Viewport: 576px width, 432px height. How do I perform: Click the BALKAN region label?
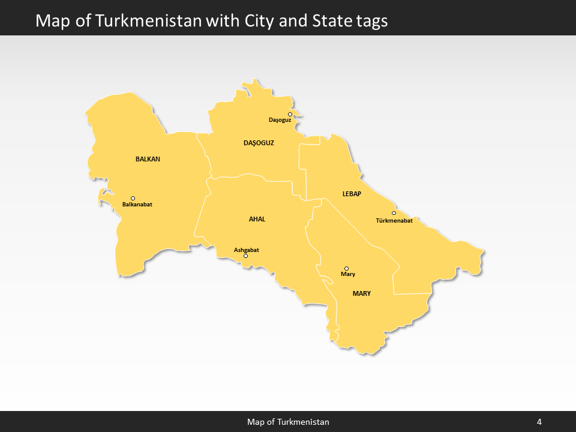(x=148, y=159)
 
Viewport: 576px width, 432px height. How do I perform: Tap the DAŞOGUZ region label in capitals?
(x=259, y=143)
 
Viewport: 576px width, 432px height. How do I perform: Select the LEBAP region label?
(x=351, y=194)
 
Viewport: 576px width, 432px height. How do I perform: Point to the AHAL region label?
(x=257, y=219)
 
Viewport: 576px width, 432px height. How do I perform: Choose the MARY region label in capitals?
(x=362, y=293)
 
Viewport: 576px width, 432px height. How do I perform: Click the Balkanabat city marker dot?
(x=133, y=199)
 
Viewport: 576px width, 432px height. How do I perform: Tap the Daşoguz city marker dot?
(x=290, y=114)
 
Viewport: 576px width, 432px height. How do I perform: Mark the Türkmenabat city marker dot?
(x=394, y=213)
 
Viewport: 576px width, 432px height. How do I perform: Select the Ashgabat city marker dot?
(x=245, y=256)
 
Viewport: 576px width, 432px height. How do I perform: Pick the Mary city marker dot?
(x=346, y=268)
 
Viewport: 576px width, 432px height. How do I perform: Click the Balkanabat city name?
(x=137, y=205)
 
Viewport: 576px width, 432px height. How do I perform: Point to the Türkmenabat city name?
(x=394, y=221)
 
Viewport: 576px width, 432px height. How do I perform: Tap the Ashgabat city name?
(x=247, y=250)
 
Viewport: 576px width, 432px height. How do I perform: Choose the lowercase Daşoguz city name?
(x=280, y=121)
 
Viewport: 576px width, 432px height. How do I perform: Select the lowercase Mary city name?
(x=348, y=274)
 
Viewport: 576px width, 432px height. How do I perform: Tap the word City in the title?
(x=260, y=20)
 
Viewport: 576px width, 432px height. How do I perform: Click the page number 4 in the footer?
(x=539, y=422)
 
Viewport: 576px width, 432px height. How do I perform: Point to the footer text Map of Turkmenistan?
(x=288, y=422)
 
